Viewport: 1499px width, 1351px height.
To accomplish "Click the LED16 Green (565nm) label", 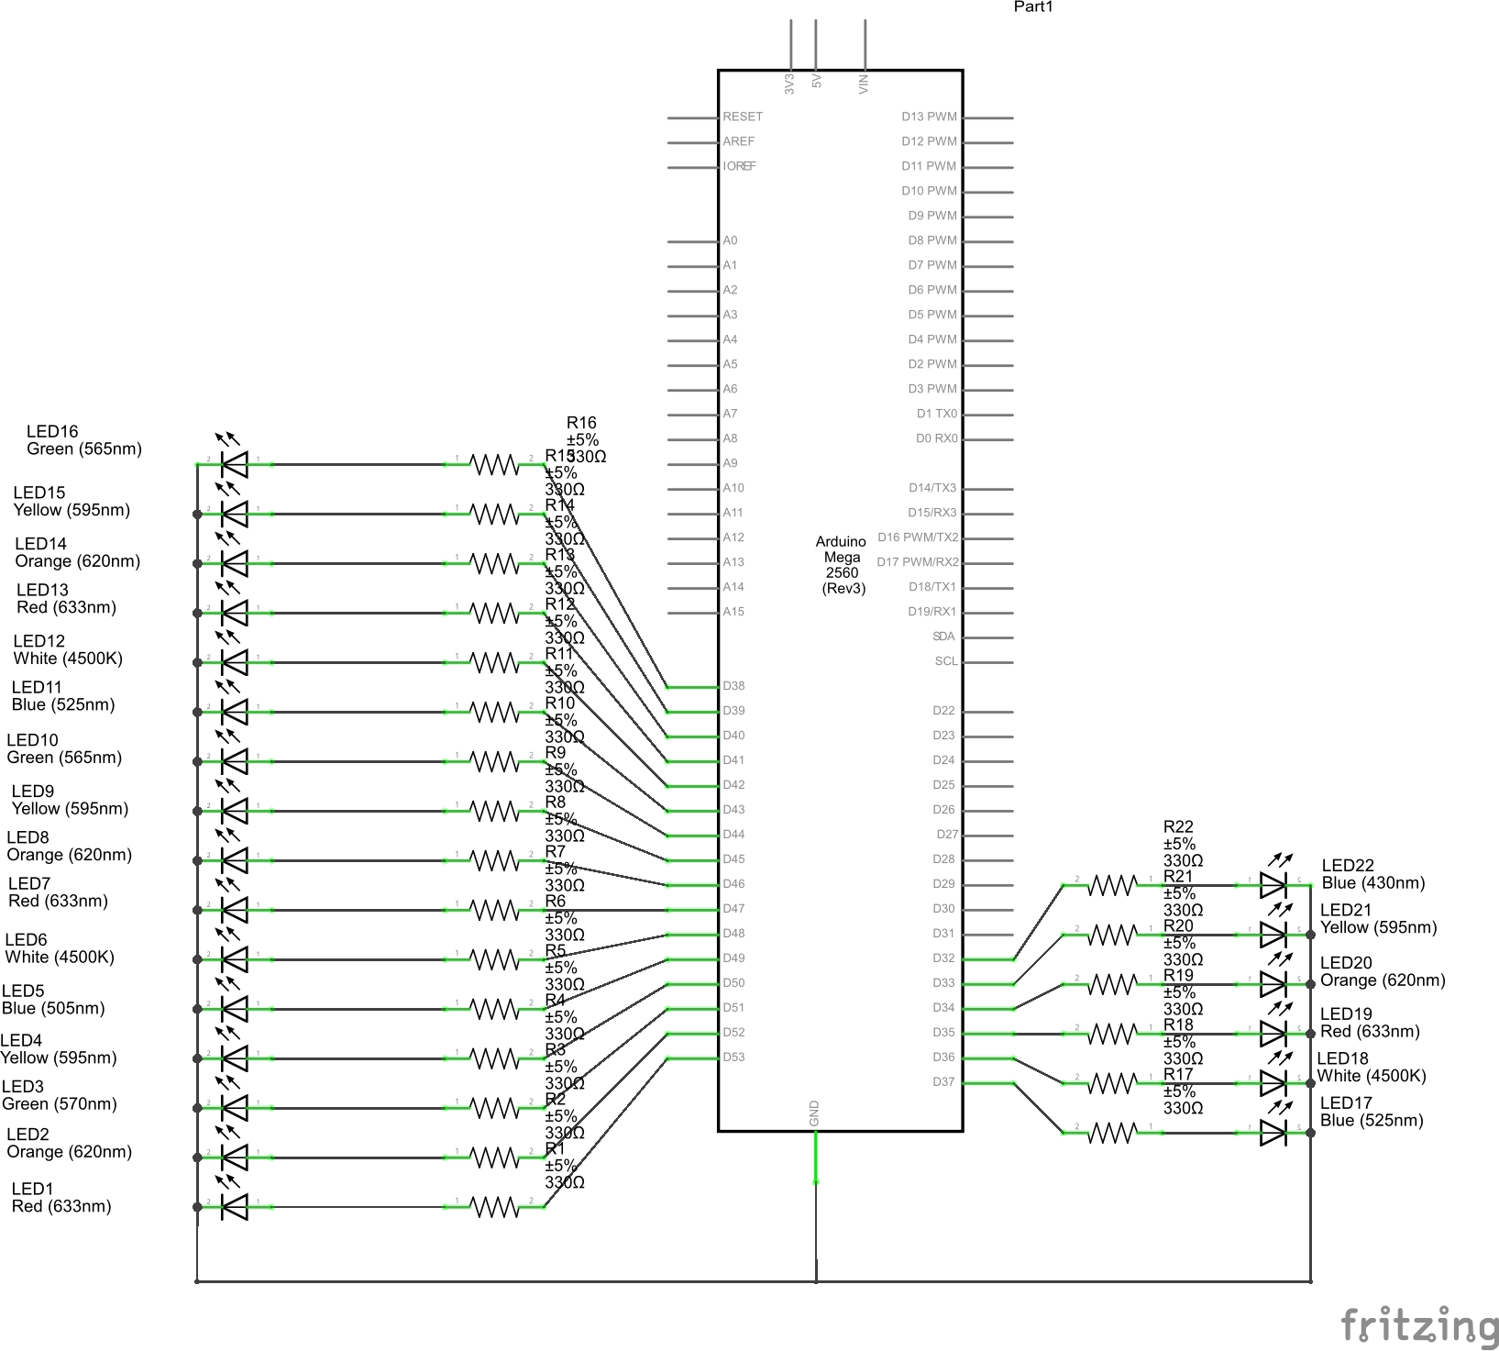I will tap(83, 440).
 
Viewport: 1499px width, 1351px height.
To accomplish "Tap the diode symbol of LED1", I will tap(235, 1207).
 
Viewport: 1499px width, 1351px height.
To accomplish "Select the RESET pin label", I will tap(742, 116).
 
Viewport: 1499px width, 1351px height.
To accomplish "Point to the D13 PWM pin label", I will tap(928, 116).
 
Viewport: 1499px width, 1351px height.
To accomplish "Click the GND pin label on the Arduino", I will tap(814, 1113).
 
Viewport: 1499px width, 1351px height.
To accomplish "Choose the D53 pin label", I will tap(733, 1057).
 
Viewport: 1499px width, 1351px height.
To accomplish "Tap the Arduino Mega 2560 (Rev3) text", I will tap(842, 564).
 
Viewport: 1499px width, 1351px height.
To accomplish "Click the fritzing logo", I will tap(1419, 1325).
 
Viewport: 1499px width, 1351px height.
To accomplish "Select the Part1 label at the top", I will tap(1033, 7).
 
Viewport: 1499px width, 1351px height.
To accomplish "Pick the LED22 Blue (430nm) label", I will tap(1372, 874).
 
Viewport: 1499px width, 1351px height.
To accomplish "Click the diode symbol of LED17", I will tap(1273, 1133).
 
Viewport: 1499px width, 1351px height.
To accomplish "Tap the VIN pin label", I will tap(864, 83).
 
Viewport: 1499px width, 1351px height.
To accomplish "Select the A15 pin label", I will tap(733, 612).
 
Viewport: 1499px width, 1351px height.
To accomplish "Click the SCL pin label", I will tap(945, 661).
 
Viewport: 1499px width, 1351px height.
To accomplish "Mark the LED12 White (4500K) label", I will tap(67, 649).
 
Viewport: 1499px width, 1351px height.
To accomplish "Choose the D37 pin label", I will tap(943, 1082).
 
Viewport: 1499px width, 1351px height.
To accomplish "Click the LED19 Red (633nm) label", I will tap(1369, 1023).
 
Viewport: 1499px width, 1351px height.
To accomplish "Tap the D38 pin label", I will tap(733, 686).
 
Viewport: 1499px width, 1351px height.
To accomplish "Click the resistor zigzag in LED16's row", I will tap(495, 465).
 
